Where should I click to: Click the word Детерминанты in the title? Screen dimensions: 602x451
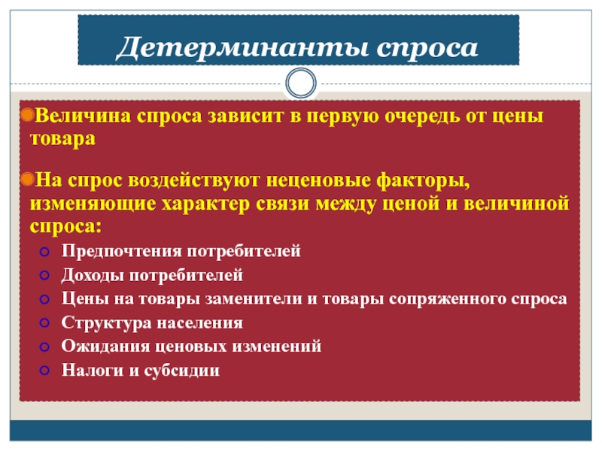click(x=242, y=48)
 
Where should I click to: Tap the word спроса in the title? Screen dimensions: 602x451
click(x=427, y=50)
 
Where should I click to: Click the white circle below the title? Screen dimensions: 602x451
click(x=301, y=83)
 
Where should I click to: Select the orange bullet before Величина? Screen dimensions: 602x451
click(x=28, y=115)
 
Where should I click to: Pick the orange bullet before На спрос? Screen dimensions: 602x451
click(x=28, y=179)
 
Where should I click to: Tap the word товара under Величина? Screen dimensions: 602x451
click(x=62, y=139)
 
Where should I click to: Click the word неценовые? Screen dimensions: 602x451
click(x=318, y=180)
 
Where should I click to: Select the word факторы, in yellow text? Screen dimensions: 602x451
click(x=423, y=181)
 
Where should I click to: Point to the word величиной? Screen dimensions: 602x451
click(x=516, y=203)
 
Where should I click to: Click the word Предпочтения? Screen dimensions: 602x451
click(x=122, y=251)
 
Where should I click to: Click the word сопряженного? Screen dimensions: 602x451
click(x=447, y=299)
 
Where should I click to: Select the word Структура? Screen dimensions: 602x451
click(x=106, y=323)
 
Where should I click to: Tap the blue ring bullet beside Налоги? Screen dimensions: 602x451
click(x=44, y=371)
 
